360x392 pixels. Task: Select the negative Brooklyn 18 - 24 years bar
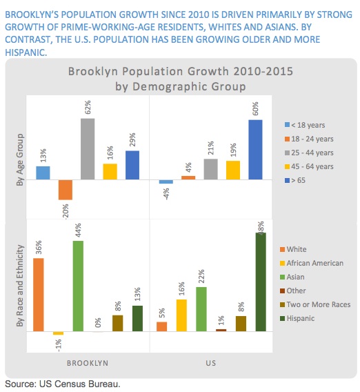tap(66, 190)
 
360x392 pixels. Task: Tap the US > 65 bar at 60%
tap(255, 150)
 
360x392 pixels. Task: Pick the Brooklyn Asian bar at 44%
tap(78, 286)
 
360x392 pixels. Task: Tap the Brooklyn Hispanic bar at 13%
tap(137, 318)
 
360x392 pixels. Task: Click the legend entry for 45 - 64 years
tap(310, 166)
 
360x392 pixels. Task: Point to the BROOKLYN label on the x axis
tap(88, 362)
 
